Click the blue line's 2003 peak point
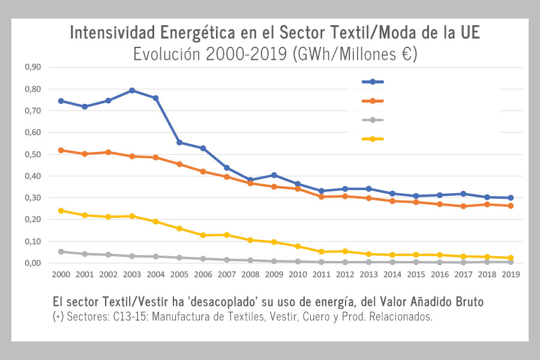tap(132, 91)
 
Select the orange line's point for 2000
tap(61, 150)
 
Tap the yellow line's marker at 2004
tap(155, 221)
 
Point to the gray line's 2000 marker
tap(61, 251)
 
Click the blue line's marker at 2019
tap(510, 197)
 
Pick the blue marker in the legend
tap(373, 82)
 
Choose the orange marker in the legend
tap(373, 101)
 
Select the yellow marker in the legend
tap(373, 139)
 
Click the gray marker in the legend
tap(373, 120)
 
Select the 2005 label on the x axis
tap(179, 274)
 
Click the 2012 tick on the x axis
tap(344, 274)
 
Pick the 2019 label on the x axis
tap(510, 274)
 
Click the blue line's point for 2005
tap(179, 142)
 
